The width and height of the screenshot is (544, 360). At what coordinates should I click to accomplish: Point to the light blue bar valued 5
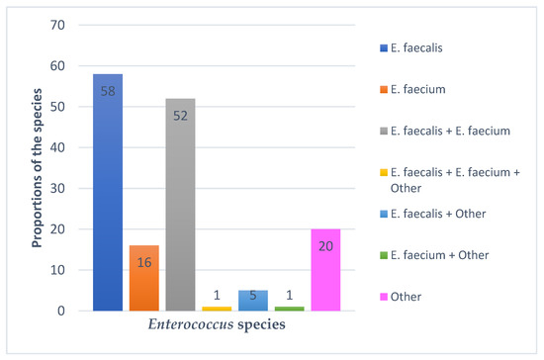click(252, 301)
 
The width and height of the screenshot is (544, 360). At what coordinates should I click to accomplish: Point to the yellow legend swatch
click(381, 172)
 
